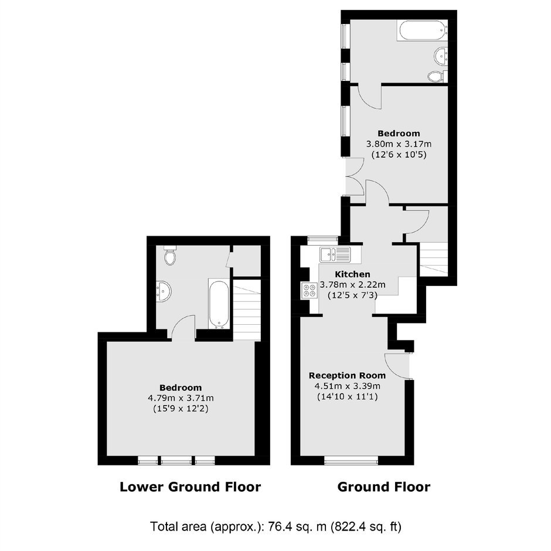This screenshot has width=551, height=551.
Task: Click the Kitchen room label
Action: [352, 274]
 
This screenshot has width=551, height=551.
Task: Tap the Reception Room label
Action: [347, 375]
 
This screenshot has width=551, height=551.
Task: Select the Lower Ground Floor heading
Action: [190, 487]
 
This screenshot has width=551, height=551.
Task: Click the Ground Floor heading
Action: [384, 487]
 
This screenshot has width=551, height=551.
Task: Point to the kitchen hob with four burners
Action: [309, 290]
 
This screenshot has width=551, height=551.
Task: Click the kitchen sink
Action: [335, 254]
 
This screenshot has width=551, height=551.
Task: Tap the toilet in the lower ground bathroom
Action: [170, 256]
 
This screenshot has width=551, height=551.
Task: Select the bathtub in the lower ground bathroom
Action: [219, 304]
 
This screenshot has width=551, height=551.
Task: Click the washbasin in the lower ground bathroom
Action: [164, 291]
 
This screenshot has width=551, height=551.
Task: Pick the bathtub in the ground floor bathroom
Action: [423, 30]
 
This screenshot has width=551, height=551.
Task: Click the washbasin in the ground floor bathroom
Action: [441, 56]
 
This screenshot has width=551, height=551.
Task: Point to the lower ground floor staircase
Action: [247, 309]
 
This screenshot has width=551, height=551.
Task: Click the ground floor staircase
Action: [434, 259]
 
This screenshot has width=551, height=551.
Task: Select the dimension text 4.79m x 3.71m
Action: [181, 398]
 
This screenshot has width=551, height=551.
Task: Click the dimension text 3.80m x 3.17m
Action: [399, 144]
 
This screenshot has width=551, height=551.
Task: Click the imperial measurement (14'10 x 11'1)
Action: [347, 397]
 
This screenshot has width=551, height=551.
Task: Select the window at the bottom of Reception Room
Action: [351, 460]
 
